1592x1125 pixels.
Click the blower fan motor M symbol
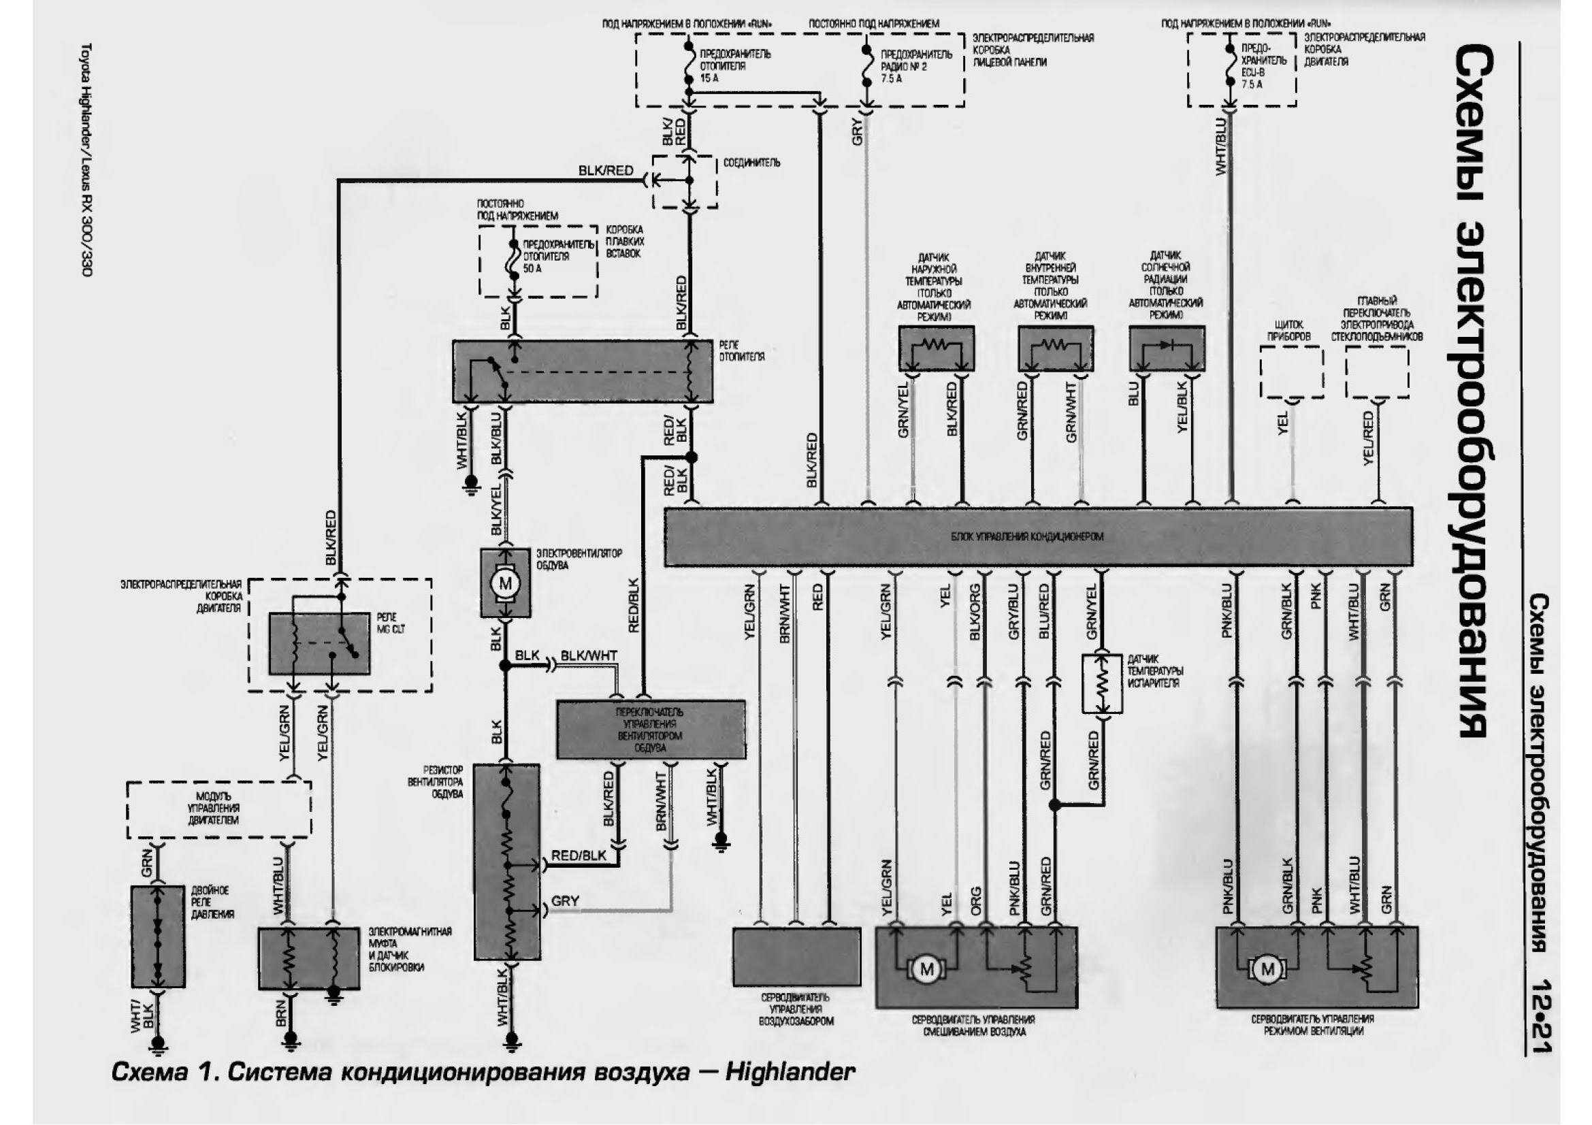(506, 584)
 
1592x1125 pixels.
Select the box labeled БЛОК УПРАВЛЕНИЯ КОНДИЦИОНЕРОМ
(1038, 536)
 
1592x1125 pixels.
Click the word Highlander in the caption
(790, 1073)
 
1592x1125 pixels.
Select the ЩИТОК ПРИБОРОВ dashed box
(1291, 372)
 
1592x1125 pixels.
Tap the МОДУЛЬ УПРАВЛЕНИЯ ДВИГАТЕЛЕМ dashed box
(218, 809)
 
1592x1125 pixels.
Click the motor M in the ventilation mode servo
(1267, 969)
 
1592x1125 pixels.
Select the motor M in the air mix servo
(927, 969)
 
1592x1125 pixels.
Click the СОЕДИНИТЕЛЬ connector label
(751, 163)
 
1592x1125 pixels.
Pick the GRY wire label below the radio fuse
(858, 131)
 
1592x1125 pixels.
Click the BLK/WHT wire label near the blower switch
(589, 655)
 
